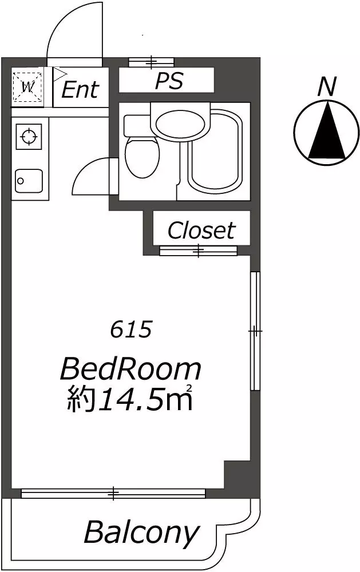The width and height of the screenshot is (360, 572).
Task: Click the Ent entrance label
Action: pyautogui.click(x=80, y=89)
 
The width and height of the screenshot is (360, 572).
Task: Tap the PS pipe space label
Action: pyautogui.click(x=169, y=81)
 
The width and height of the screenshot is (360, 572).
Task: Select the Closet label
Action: pyautogui.click(x=201, y=230)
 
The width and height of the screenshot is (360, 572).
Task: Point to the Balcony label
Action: pyautogui.click(x=142, y=533)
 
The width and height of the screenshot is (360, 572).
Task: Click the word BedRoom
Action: pyautogui.click(x=130, y=369)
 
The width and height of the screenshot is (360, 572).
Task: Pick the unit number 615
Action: pyautogui.click(x=130, y=330)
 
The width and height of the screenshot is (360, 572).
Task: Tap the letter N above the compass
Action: pyautogui.click(x=326, y=87)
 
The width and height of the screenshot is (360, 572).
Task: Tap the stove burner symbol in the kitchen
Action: pyautogui.click(x=29, y=137)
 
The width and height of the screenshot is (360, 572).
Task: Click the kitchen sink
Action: pyautogui.click(x=29, y=181)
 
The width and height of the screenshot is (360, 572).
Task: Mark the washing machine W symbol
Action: pyautogui.click(x=27, y=88)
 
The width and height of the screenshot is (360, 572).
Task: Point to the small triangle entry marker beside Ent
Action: pyautogui.click(x=60, y=74)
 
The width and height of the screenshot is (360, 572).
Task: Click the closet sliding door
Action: pyautogui.click(x=198, y=251)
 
